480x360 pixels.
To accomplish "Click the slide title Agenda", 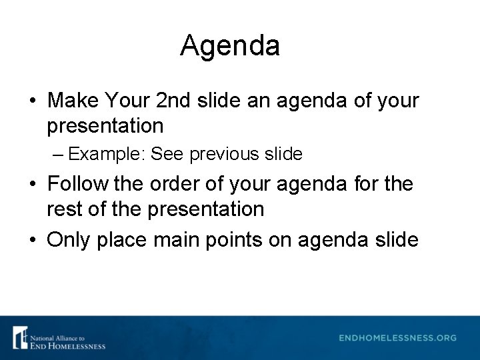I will point(230,47).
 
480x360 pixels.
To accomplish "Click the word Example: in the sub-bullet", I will point(107,155).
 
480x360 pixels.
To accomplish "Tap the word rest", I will point(62,209).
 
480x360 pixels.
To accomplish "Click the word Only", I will point(69,239).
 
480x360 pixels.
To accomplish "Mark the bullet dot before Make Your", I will point(32,102).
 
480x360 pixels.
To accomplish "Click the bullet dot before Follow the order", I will point(32,185).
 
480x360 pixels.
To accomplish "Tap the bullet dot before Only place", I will point(32,240).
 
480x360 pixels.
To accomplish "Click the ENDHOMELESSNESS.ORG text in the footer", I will point(397,338).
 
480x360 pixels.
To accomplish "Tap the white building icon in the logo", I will point(21,337).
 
